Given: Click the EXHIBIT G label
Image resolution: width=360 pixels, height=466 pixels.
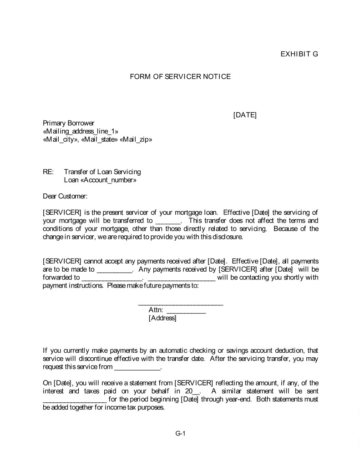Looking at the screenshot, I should point(299,54).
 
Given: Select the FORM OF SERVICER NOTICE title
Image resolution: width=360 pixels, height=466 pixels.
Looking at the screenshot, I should point(180,76).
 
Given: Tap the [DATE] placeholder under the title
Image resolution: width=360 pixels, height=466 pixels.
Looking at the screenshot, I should point(245,115).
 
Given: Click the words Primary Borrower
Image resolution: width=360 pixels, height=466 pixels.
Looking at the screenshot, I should point(68,123).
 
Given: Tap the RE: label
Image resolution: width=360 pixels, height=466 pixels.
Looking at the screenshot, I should point(48,172).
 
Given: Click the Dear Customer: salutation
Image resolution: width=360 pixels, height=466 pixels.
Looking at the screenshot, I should point(65,196).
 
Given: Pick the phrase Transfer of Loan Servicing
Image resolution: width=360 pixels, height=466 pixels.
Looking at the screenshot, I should point(102,172).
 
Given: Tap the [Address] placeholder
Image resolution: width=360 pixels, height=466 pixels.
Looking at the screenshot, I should point(162,318).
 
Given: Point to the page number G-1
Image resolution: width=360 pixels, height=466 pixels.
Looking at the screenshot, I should point(180,433).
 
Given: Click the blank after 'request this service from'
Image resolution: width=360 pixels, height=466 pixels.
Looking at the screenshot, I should point(137,368).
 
